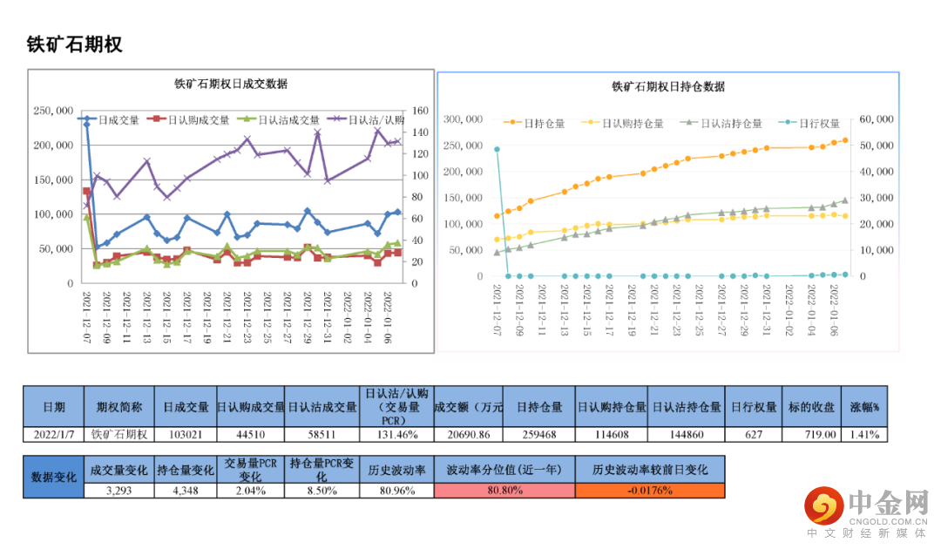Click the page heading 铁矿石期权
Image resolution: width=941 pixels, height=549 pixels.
(75, 45)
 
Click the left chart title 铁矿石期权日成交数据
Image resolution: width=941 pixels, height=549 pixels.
(231, 85)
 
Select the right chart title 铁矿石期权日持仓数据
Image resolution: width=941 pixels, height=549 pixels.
(668, 87)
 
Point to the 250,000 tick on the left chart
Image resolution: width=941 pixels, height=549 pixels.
(53, 111)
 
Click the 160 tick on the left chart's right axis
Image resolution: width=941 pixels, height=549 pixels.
(422, 111)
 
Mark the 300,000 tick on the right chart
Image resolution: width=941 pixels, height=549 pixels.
(464, 119)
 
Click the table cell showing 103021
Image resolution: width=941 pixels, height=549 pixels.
(186, 434)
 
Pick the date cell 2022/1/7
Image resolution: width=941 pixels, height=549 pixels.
(53, 434)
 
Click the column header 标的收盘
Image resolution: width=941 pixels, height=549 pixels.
(816, 407)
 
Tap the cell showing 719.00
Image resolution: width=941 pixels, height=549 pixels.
(816, 434)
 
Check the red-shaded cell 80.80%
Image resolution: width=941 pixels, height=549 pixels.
(504, 491)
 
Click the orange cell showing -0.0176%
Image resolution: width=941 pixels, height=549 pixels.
(650, 491)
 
